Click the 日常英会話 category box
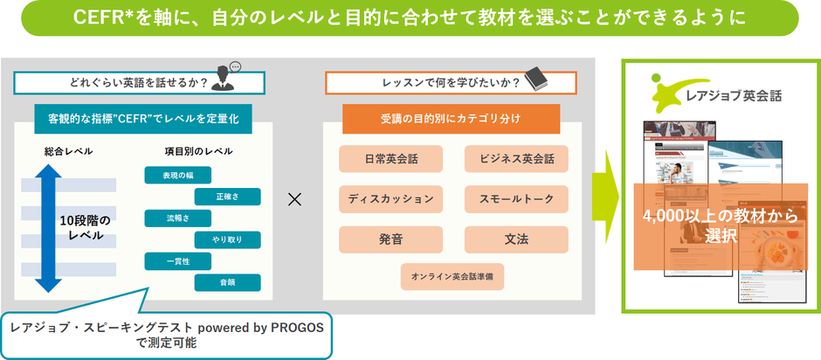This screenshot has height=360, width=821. pyautogui.click(x=391, y=160)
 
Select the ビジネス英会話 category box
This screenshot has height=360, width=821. pyautogui.click(x=516, y=160)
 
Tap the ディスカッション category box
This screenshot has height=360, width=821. pyautogui.click(x=391, y=199)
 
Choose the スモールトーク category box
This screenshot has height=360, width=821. pyautogui.click(x=516, y=199)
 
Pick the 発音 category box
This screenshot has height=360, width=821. pyautogui.click(x=391, y=239)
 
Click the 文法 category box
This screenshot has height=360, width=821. pyautogui.click(x=516, y=239)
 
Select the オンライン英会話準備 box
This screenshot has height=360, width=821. pyautogui.click(x=453, y=276)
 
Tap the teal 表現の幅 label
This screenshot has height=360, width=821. pyautogui.click(x=178, y=175)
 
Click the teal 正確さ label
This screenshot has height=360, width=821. pyautogui.click(x=227, y=196)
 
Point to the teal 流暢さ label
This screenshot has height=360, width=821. pyautogui.click(x=178, y=218)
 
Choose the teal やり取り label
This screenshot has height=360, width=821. pyautogui.click(x=227, y=239)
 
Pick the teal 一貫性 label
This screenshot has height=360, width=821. pyautogui.click(x=178, y=260)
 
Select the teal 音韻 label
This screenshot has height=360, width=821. pyautogui.click(x=227, y=282)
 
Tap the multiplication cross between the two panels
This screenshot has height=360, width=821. pyautogui.click(x=294, y=199)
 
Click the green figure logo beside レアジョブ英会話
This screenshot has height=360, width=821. pyautogui.click(x=665, y=90)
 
